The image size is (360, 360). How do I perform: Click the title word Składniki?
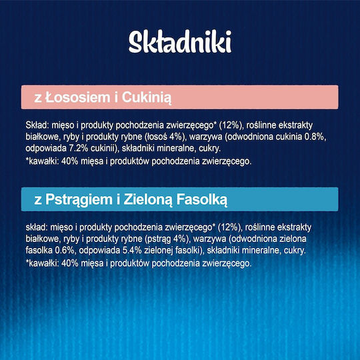click(180, 42)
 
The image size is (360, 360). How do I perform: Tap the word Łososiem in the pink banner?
click(78, 97)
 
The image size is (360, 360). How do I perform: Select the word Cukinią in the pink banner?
click(147, 98)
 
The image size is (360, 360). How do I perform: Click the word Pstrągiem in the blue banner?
click(79, 200)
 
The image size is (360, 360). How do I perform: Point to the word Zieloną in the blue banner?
click(147, 200)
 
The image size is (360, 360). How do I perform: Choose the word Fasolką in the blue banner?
click(202, 200)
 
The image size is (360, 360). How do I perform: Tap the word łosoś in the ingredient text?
click(156, 137)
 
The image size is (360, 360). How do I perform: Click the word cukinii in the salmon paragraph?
click(103, 148)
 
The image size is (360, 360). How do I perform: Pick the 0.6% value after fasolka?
click(65, 251)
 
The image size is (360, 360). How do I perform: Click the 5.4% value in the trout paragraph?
click(132, 251)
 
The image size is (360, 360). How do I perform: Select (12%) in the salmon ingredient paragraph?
click(231, 125)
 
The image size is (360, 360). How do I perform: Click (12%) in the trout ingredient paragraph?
click(229, 227)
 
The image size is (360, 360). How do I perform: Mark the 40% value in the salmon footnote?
click(70, 161)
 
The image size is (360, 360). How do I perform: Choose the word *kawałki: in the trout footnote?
click(42, 263)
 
